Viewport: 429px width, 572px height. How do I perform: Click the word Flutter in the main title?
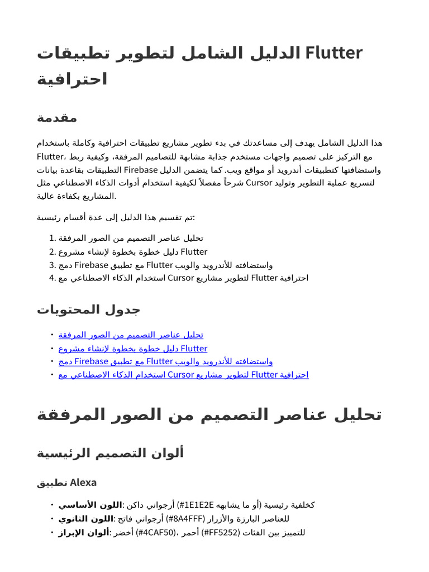(334, 53)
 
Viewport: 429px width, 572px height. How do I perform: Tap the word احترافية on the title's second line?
(72, 79)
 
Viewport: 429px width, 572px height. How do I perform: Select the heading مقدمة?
(57, 118)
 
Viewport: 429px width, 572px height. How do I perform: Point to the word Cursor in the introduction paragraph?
(259, 183)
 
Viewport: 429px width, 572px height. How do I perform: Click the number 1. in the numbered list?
(53, 239)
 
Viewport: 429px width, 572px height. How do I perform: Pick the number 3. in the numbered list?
(53, 265)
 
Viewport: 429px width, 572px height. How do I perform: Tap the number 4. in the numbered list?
(53, 278)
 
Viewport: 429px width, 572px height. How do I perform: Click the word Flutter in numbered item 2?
(194, 252)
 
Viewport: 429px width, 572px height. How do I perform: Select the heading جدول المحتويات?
(89, 309)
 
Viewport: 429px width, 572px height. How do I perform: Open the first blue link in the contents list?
(131, 335)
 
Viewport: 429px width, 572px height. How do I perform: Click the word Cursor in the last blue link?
(180, 374)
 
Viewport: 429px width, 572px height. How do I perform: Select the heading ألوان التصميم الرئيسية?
(110, 452)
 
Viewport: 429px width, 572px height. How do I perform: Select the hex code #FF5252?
(222, 532)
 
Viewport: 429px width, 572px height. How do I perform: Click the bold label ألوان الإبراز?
(84, 532)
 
